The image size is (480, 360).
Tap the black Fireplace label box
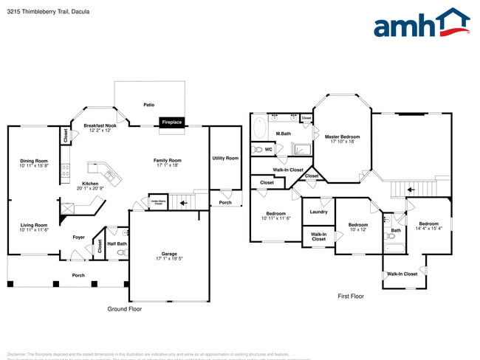click(x=171, y=122)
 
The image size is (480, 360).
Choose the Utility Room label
click(x=225, y=158)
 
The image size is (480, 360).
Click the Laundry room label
click(x=318, y=212)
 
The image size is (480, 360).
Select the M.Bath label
click(x=284, y=134)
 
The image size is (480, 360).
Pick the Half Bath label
click(x=117, y=243)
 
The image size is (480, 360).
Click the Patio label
click(x=148, y=105)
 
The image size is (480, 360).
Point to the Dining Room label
click(x=34, y=163)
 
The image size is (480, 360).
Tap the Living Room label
click(x=34, y=227)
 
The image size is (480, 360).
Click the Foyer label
click(x=78, y=238)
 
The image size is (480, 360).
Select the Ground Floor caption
click(x=124, y=309)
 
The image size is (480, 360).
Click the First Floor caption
click(x=351, y=296)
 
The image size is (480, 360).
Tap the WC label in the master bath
click(x=269, y=149)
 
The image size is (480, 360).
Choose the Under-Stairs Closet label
click(x=157, y=201)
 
